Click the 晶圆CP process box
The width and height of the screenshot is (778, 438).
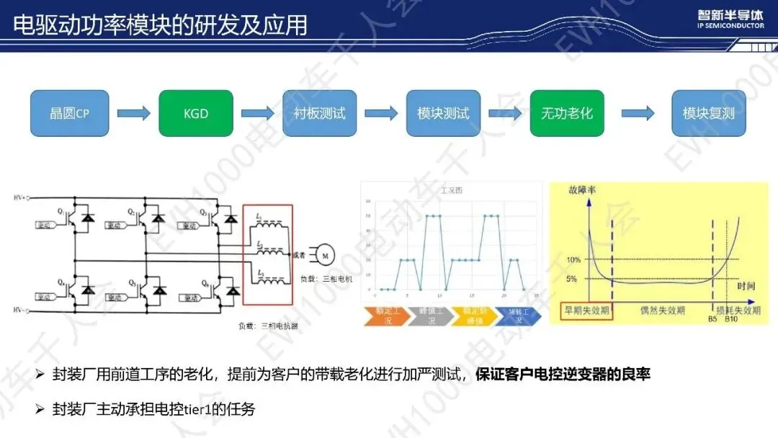click(x=69, y=114)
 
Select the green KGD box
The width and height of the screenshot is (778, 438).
click(x=195, y=114)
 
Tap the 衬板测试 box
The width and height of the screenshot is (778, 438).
click(x=319, y=114)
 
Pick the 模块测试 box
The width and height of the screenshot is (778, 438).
click(x=443, y=114)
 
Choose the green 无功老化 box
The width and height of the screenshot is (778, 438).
click(x=566, y=114)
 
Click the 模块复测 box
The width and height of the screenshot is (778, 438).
click(x=709, y=114)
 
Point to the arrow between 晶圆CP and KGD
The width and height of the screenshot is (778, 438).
click(x=133, y=114)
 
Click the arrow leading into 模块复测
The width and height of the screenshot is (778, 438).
click(x=638, y=114)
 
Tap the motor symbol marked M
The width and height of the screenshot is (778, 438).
click(x=324, y=255)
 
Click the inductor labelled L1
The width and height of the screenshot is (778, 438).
click(x=258, y=216)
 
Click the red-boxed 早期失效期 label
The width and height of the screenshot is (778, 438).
click(x=585, y=310)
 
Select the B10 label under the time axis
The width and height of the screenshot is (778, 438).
click(x=732, y=318)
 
